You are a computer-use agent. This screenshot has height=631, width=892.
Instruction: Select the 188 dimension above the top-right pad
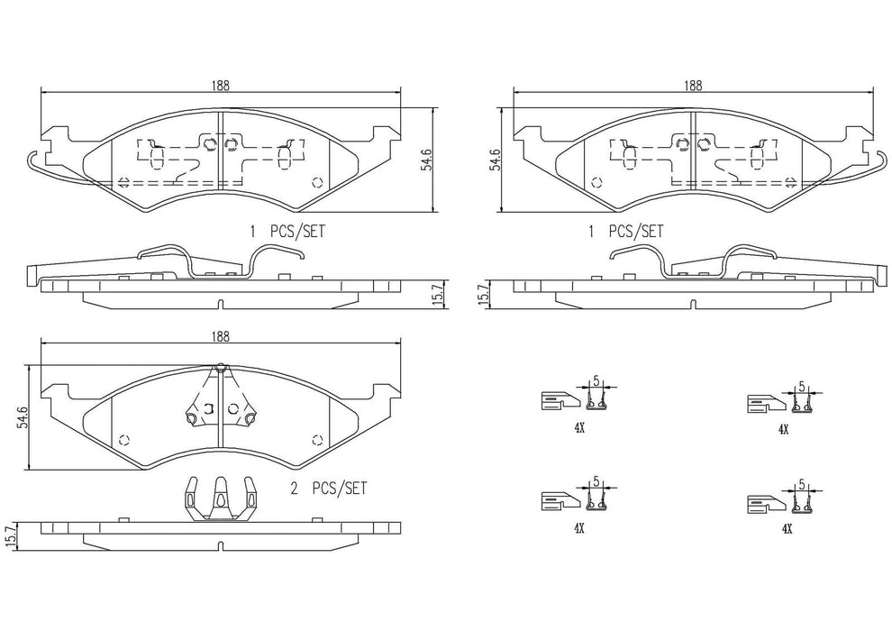(692, 86)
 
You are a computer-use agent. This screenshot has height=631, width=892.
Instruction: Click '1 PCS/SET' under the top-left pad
(287, 232)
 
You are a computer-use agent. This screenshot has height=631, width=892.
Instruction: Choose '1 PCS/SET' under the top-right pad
(625, 232)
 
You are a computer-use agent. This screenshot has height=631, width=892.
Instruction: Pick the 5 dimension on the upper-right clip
(801, 386)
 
